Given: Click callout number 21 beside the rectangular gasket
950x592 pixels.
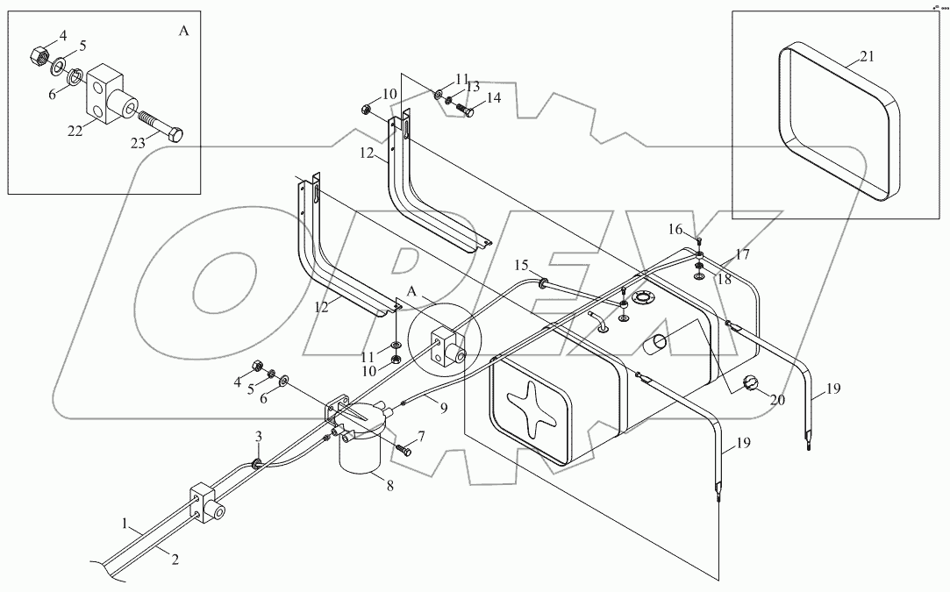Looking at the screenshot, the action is tap(867, 56).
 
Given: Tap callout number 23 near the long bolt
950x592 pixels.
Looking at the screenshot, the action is tap(138, 143).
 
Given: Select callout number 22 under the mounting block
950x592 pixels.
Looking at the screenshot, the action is tap(75, 131).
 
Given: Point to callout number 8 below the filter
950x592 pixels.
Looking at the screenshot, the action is tap(389, 485).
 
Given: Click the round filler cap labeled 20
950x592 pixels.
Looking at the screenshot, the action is tap(750, 383).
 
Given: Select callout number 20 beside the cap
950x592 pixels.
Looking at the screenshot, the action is tap(777, 400).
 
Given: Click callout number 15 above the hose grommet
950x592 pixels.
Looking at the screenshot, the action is tap(522, 265).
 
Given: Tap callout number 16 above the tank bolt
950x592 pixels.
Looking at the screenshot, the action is tap(675, 229).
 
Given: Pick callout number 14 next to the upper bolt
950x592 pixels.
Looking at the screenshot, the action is tap(494, 97).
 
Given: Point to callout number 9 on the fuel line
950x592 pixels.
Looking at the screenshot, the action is tap(444, 408).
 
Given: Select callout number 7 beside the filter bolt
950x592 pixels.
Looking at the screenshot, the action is tap(420, 436).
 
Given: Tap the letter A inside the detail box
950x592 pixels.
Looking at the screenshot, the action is tap(183, 31).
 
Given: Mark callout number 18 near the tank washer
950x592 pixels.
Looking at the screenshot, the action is tap(724, 280).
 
